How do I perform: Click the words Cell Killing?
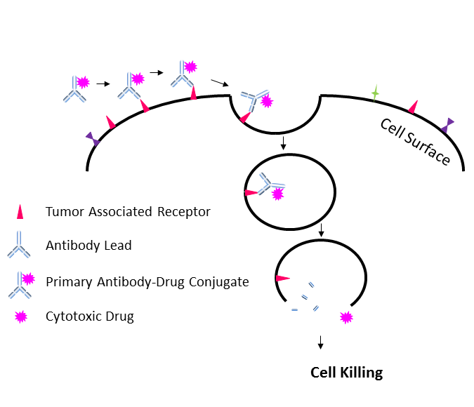tap(347, 373)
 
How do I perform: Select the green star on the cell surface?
tap(376, 93)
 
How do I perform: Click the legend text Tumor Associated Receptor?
tap(128, 211)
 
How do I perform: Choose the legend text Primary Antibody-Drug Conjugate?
tap(147, 281)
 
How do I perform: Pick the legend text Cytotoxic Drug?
tap(89, 316)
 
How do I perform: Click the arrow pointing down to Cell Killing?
tap(321, 342)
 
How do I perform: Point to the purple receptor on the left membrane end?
tap(93, 139)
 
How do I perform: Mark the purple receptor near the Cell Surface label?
tap(447, 126)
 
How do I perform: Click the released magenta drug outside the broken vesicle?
tap(345, 317)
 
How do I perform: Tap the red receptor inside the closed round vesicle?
tap(251, 192)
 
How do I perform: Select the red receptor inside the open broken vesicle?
tap(282, 279)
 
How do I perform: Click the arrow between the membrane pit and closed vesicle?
tap(282, 143)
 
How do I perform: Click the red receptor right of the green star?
tap(413, 107)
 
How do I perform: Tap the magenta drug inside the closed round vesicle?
tap(277, 194)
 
